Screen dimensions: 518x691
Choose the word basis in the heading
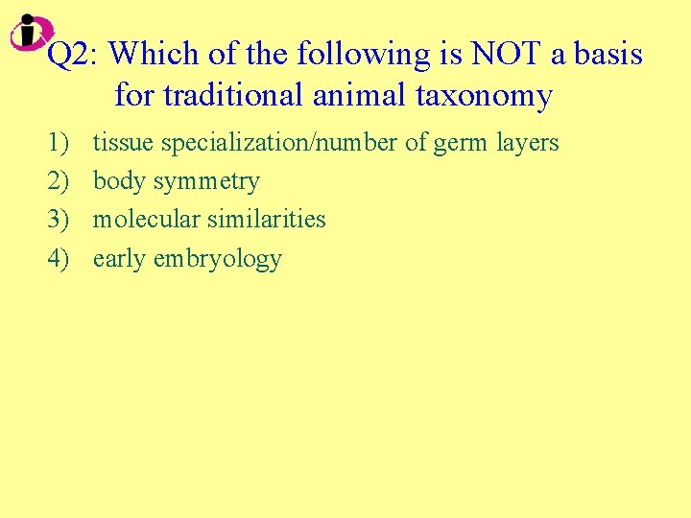pyautogui.click(x=608, y=55)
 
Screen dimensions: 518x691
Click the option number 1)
pyautogui.click(x=57, y=143)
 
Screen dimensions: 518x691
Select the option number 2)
pyautogui.click(x=57, y=181)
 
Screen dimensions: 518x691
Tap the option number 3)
pyautogui.click(x=57, y=220)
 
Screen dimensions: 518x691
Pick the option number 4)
pyautogui.click(x=57, y=258)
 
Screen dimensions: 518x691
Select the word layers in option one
pyautogui.click(x=527, y=144)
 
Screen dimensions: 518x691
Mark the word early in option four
pyautogui.click(x=118, y=259)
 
